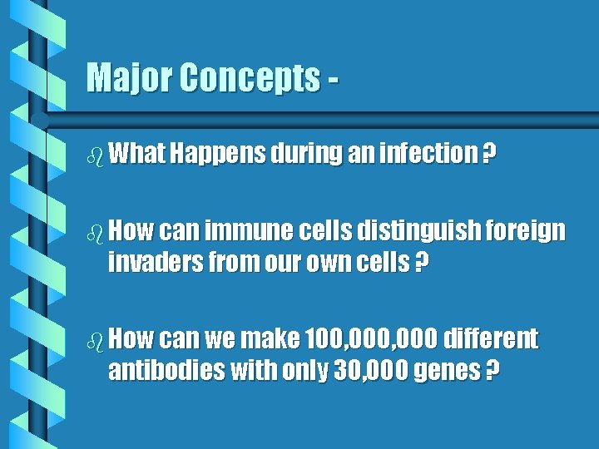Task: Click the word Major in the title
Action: point(130,78)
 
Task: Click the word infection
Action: point(427,154)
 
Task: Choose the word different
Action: point(490,339)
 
